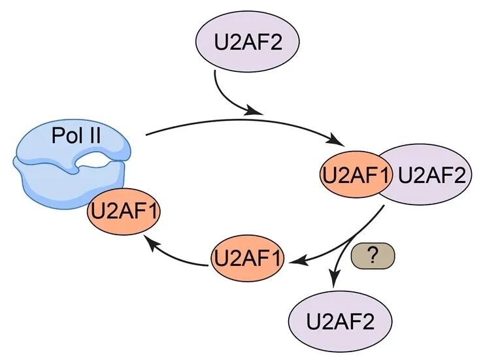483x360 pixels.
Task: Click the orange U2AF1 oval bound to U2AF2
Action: (x=354, y=174)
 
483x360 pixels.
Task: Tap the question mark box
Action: (x=373, y=255)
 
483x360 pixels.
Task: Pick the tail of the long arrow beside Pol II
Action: (x=147, y=135)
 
